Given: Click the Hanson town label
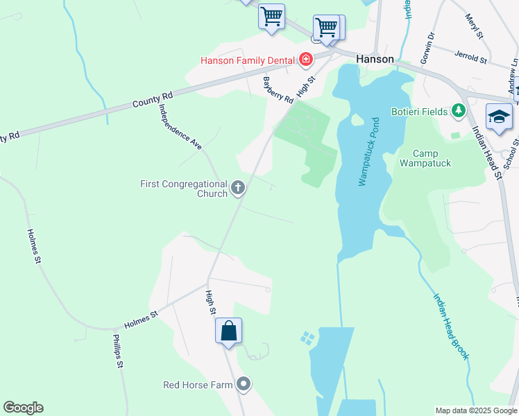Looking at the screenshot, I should coord(375,60).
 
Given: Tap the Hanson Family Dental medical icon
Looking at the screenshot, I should coord(305,60).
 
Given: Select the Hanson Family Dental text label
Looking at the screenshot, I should coord(248,60).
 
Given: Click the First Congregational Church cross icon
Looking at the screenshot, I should coord(238,187).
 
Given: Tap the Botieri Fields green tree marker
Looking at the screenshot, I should coord(458,110).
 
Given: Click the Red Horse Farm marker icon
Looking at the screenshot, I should coord(243,383).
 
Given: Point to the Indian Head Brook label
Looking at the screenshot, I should coord(452,327).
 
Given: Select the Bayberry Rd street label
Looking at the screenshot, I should coord(278,89).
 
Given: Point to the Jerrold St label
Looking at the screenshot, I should coord(471,55).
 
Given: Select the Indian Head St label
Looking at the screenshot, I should coord(487,155).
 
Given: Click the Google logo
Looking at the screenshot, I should coord(23,408).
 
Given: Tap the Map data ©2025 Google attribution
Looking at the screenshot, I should coord(476,410).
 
